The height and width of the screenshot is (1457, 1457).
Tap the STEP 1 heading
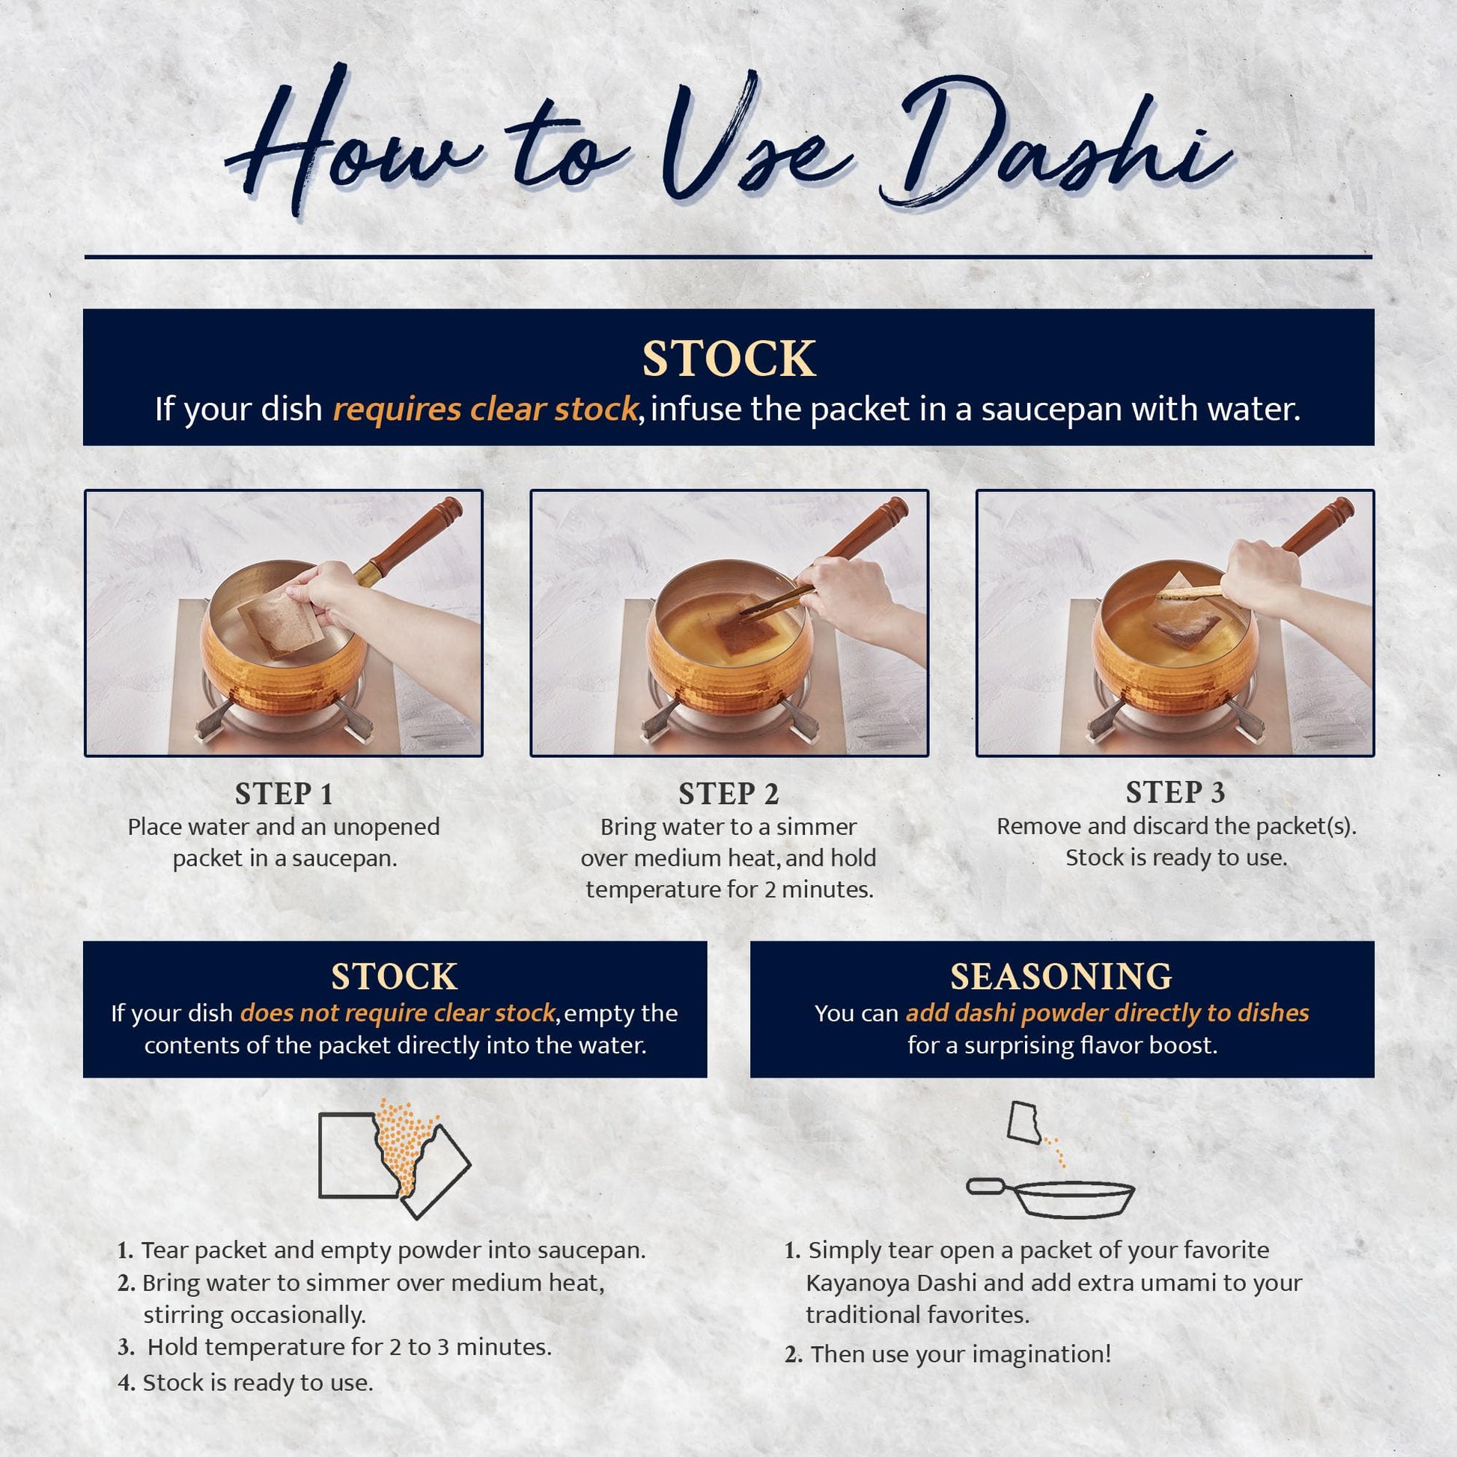284,794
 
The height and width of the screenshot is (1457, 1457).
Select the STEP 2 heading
728,794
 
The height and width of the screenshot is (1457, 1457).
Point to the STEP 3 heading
1175,792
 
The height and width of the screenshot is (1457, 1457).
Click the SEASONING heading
1061,976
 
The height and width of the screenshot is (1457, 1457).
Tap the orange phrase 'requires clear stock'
486,410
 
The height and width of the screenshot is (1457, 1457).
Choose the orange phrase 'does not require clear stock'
398,1013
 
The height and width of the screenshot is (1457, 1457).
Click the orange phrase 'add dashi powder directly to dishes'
1107,1013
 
